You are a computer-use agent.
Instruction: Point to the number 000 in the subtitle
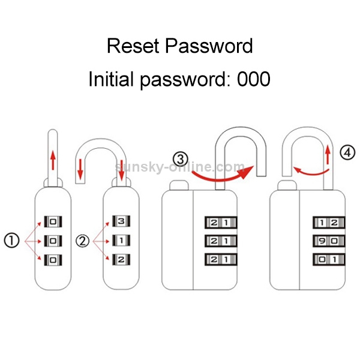(253, 79)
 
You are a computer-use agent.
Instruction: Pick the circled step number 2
(83, 241)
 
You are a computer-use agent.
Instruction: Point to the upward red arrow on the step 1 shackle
(52, 160)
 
